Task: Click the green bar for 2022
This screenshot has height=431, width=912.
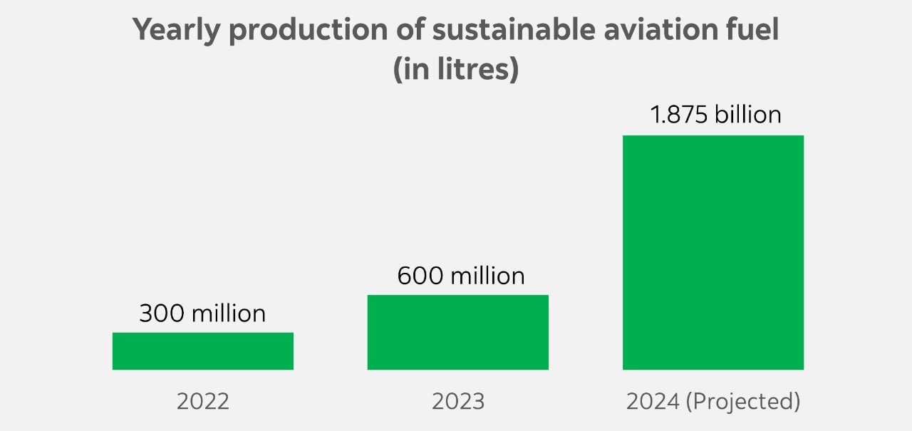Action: coord(203,350)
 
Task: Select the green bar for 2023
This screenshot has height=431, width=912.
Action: coord(457,332)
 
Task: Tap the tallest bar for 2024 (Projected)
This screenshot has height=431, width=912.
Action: coord(712,252)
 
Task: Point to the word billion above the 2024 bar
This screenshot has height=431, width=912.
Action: coord(748,115)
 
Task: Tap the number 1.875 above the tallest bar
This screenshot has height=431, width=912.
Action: coord(679,115)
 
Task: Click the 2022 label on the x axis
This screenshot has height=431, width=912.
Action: coord(203,401)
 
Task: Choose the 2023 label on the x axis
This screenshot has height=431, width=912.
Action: coord(457,401)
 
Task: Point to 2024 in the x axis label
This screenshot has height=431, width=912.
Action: coord(652,401)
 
